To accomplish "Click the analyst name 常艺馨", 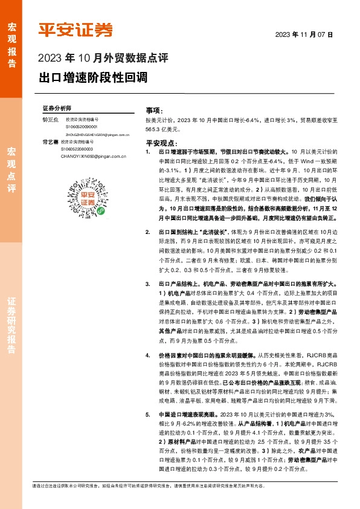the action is tap(50, 141).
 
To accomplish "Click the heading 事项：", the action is tap(154, 112).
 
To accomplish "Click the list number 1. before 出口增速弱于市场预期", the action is tap(148, 154).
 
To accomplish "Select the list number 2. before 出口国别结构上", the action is tap(148, 248).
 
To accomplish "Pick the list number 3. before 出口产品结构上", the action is tap(148, 284).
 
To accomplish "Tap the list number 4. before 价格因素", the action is tap(148, 355).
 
